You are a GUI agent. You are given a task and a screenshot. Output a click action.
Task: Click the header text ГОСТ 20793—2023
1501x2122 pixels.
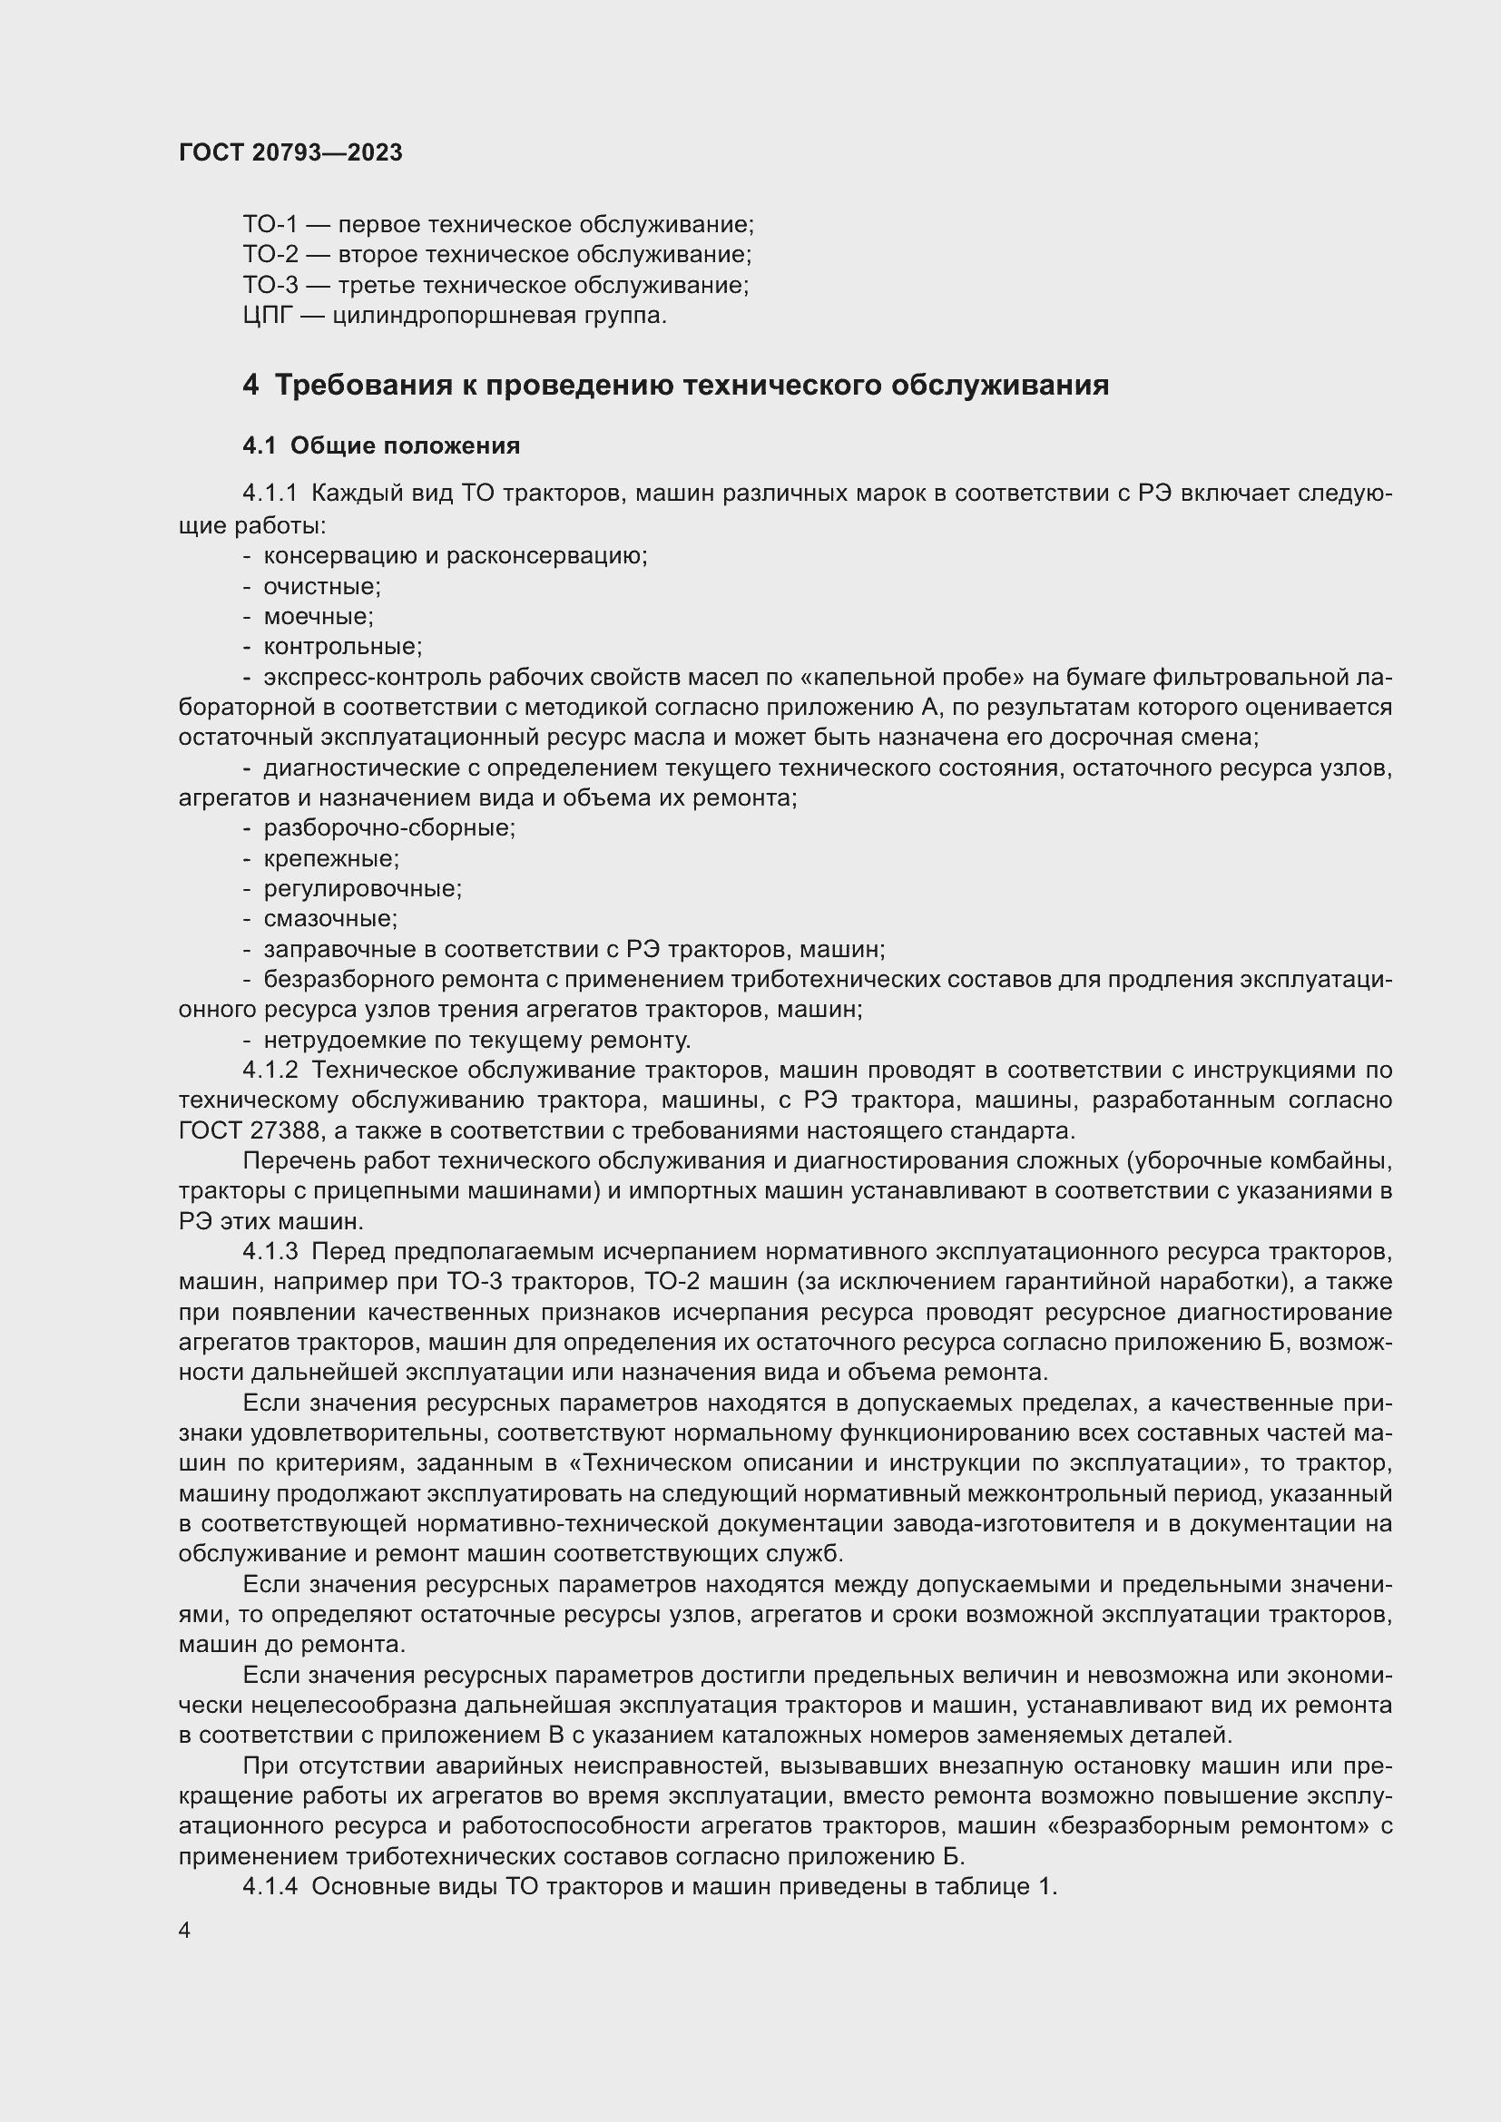coord(290,152)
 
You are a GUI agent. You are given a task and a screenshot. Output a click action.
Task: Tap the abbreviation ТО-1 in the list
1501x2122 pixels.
coord(270,225)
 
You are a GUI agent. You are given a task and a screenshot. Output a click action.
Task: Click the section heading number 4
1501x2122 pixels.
coord(250,385)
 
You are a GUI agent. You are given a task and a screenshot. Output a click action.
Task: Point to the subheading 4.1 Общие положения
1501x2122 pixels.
coord(381,445)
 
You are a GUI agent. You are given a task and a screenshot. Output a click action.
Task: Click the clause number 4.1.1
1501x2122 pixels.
coord(270,494)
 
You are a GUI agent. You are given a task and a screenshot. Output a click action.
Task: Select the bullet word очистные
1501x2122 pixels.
coord(321,586)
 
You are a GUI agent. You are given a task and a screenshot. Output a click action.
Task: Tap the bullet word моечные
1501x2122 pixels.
coord(318,616)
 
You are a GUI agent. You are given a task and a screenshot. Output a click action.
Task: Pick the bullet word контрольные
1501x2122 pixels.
coord(342,646)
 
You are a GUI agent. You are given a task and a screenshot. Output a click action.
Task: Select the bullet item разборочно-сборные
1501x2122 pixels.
coord(389,828)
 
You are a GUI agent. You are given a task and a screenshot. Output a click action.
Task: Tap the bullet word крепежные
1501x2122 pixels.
coord(331,858)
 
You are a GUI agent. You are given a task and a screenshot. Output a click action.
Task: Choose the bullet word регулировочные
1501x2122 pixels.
coord(362,889)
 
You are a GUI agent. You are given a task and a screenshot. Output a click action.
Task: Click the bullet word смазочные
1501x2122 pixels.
coord(330,919)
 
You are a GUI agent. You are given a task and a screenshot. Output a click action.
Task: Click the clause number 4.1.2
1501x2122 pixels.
coord(270,1071)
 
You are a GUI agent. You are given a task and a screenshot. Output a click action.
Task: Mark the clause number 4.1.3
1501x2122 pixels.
coord(270,1251)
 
